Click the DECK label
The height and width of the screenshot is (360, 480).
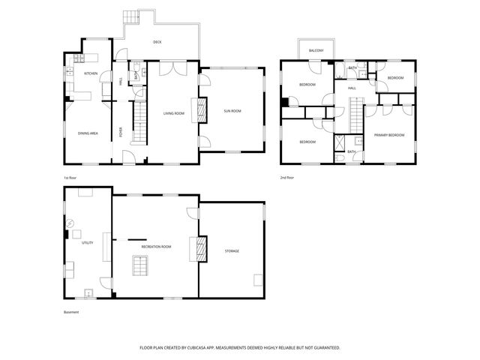[157, 42]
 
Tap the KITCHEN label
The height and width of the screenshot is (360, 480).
[91, 73]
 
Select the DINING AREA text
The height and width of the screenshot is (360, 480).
[88, 133]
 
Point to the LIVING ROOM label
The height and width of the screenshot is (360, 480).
[174, 113]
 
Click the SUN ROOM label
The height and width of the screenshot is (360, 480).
[232, 111]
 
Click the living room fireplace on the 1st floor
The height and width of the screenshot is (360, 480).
[200, 111]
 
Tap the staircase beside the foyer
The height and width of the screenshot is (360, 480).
[138, 123]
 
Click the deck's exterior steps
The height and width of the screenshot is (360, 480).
[133, 16]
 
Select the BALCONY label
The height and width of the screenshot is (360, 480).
[316, 50]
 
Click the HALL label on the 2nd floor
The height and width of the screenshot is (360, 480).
[351, 88]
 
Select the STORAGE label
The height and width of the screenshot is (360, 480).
[232, 250]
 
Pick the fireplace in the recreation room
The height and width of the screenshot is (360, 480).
[200, 247]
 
